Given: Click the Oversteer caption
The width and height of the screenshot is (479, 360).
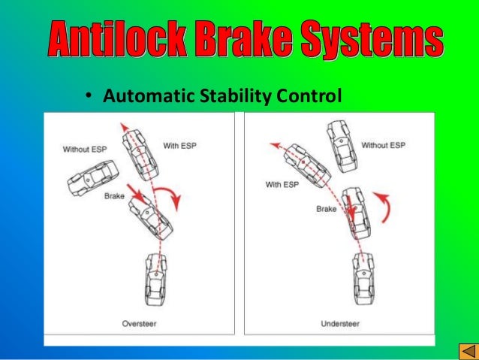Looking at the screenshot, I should [139, 324].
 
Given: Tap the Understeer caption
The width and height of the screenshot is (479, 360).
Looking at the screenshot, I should [340, 324].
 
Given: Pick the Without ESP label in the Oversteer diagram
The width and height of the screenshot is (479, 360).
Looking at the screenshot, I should [85, 149].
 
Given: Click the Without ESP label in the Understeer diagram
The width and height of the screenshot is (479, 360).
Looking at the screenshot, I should [382, 145].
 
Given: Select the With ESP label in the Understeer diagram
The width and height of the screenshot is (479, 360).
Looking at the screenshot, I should [282, 184].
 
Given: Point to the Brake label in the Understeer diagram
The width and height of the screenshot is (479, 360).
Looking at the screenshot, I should [326, 209].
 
